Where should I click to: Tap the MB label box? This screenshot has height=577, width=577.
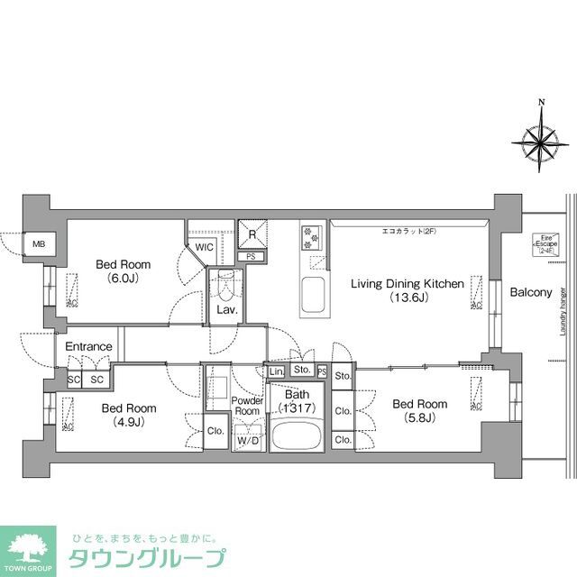click(39, 243)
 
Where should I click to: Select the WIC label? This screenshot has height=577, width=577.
click(204, 246)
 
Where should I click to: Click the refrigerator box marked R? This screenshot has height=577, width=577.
click(253, 234)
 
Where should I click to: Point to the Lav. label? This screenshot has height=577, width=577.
click(224, 310)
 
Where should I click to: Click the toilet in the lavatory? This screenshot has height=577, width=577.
click(224, 286)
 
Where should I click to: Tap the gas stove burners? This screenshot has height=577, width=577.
click(312, 237)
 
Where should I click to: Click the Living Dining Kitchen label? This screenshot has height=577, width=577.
click(407, 290)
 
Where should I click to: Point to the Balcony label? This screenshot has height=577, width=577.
click(530, 292)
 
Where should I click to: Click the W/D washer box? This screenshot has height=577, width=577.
click(247, 441)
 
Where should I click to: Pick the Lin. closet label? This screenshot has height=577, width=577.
click(276, 370)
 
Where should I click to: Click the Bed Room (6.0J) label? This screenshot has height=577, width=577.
click(124, 271)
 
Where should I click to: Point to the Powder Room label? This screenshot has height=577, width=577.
click(247, 406)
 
